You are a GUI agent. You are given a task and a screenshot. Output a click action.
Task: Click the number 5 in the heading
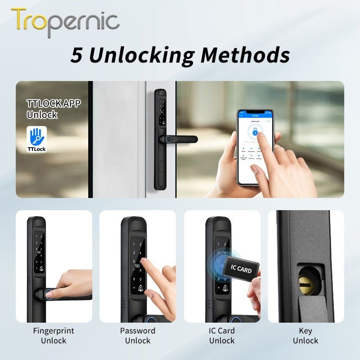point(77,56)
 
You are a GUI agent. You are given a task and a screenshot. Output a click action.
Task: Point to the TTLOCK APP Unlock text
point(54,109)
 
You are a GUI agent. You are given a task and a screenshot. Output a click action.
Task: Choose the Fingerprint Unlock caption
point(54,336)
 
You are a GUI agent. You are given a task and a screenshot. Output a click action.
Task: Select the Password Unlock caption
point(138,336)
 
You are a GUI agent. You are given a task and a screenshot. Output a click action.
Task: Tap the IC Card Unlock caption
point(222,336)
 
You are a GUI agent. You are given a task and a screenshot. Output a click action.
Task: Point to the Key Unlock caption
point(306,336)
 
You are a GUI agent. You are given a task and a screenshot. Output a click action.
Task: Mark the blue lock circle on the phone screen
point(255,132)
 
